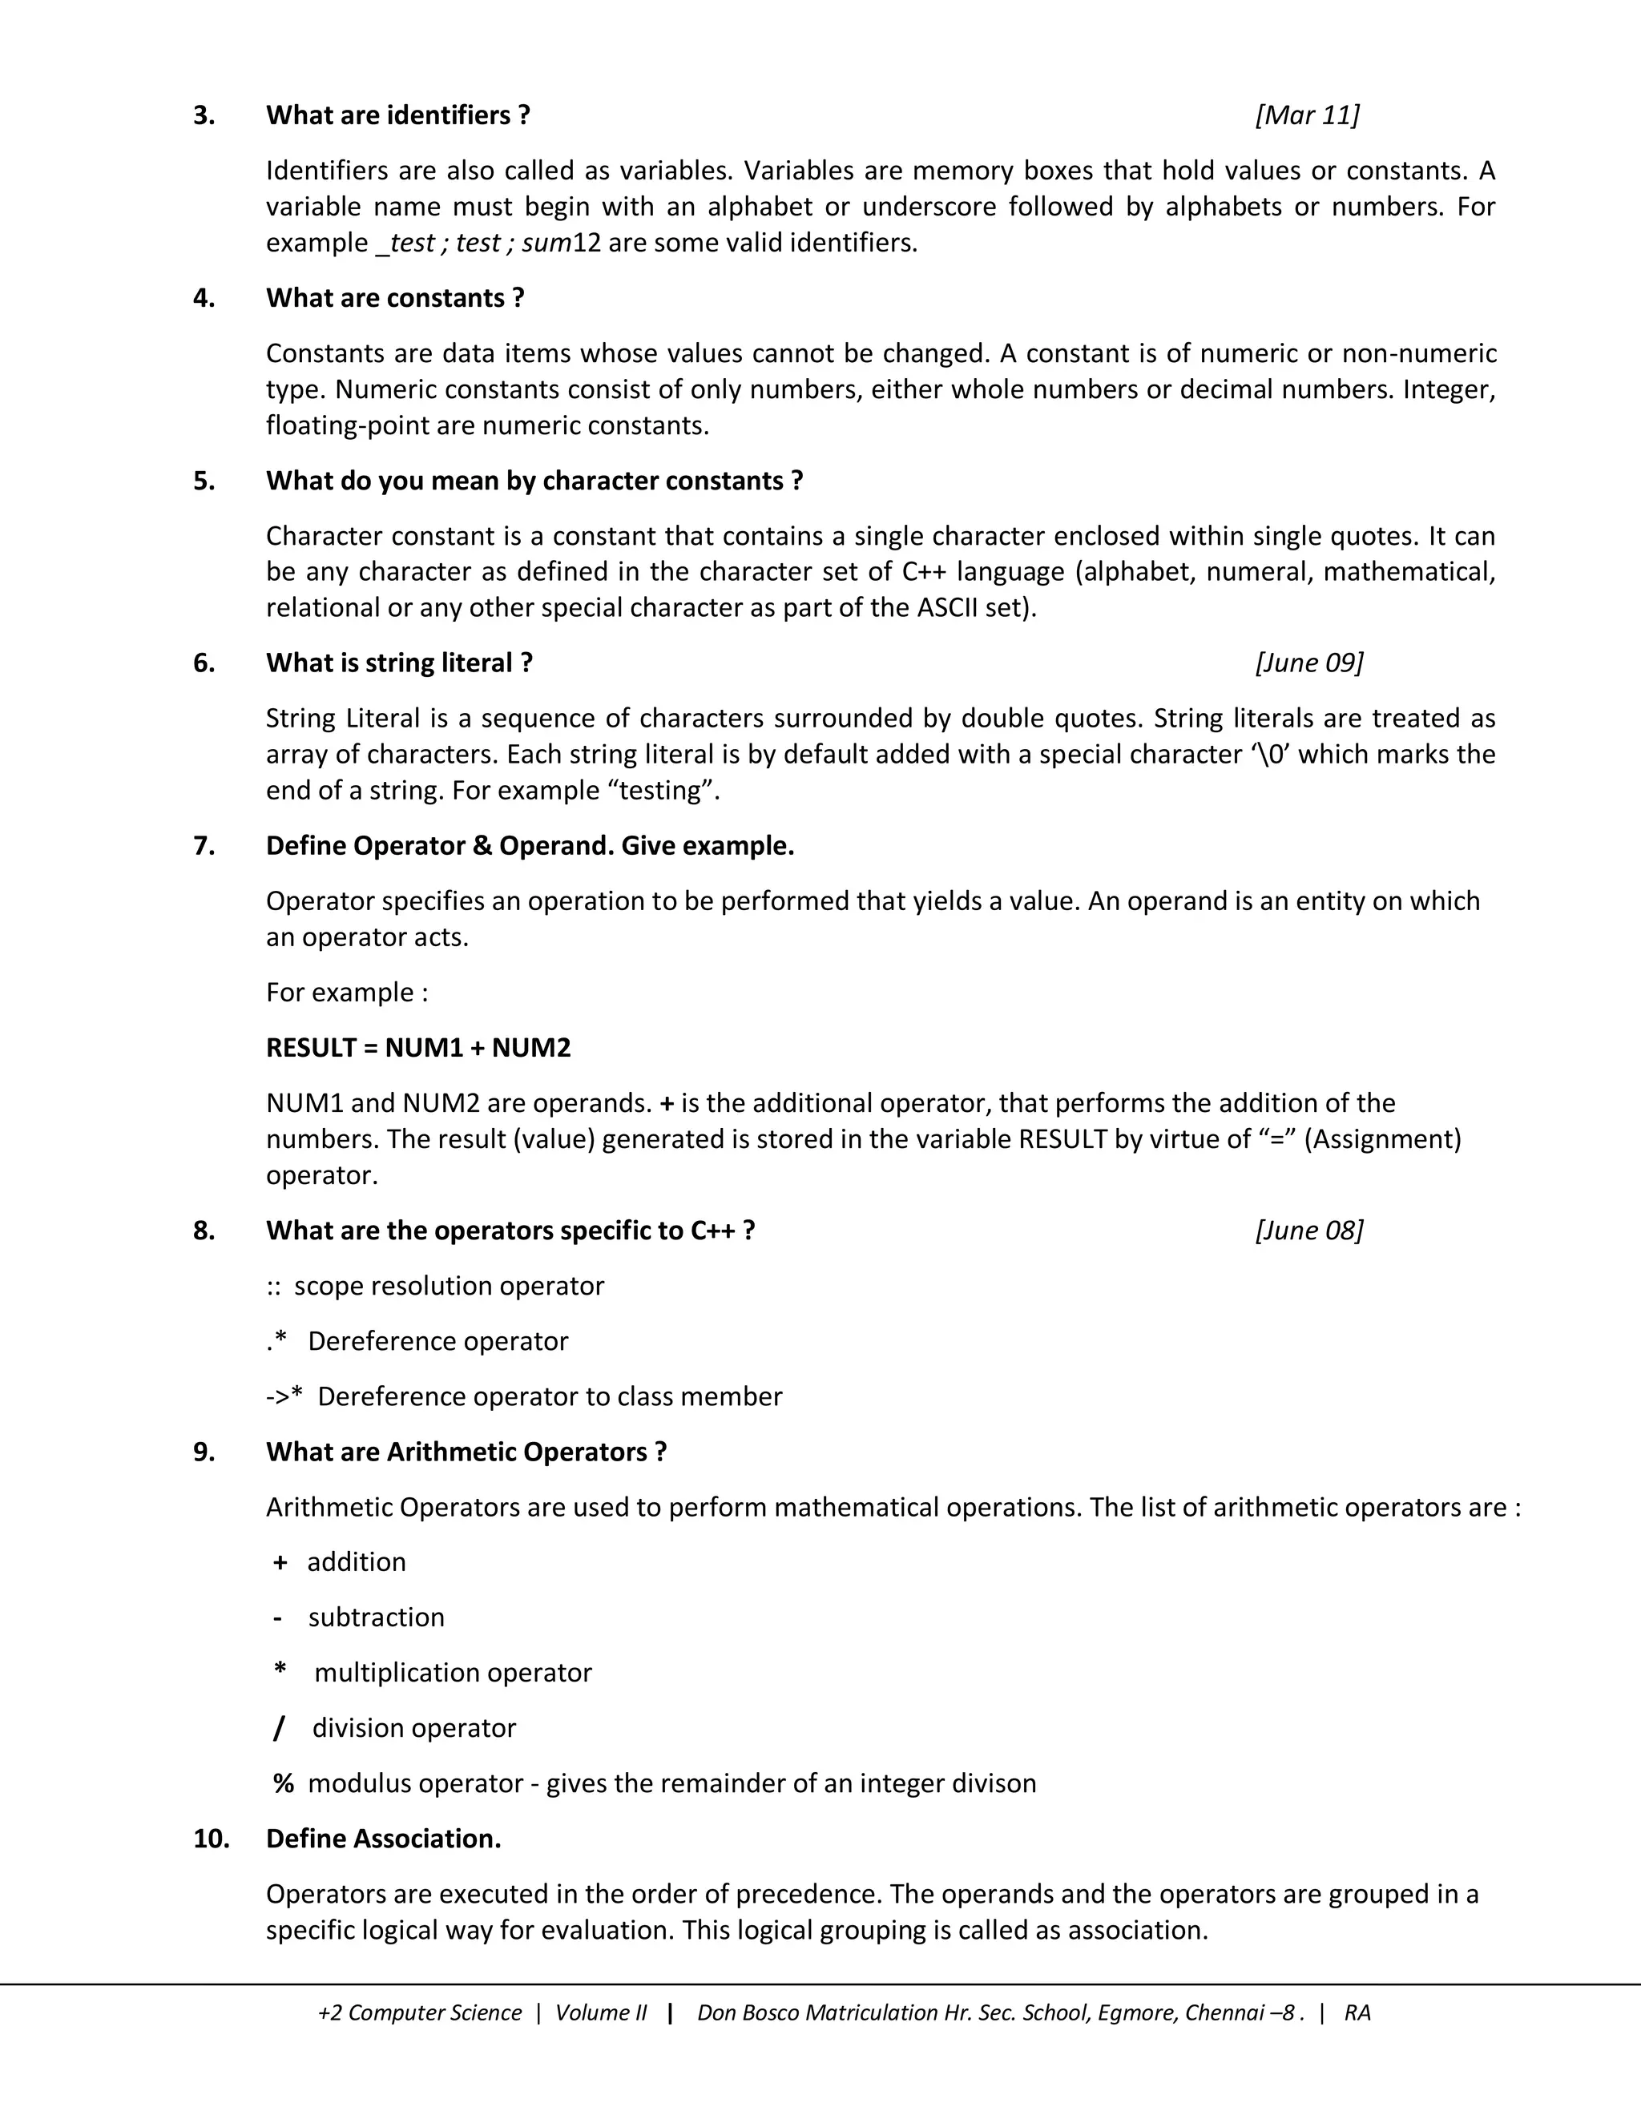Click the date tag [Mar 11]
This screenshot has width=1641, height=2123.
click(x=1307, y=115)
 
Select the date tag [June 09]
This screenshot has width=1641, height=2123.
click(x=1308, y=663)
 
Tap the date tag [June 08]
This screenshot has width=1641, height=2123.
click(x=1308, y=1231)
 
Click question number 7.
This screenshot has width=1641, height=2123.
click(x=204, y=846)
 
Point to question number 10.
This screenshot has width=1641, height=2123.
click(x=211, y=1839)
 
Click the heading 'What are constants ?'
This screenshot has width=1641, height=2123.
click(x=395, y=299)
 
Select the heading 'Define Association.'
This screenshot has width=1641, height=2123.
click(x=383, y=1839)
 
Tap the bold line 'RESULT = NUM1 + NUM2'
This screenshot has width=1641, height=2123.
click(x=418, y=1048)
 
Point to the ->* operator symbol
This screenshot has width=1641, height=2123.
click(x=284, y=1397)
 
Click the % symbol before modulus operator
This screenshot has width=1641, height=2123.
click(x=283, y=1784)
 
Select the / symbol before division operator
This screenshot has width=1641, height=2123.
click(x=279, y=1728)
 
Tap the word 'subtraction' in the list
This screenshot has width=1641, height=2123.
click(x=377, y=1617)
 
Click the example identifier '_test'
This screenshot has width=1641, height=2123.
click(x=405, y=243)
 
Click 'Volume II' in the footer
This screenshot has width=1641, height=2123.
click(x=600, y=2012)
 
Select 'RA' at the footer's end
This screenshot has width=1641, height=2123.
click(x=1357, y=2012)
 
